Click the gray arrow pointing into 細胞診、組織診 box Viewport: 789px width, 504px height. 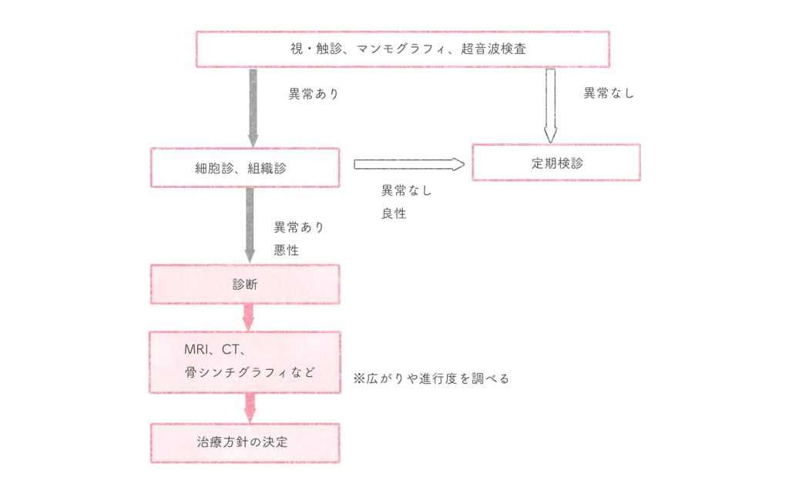coord(252,108)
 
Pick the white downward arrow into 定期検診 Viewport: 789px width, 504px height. coord(549,106)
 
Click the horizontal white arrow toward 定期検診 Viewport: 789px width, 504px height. coord(409,164)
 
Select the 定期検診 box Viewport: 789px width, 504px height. coord(556,163)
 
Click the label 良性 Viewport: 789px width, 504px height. coord(394,213)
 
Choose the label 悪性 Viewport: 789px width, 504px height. coord(287,250)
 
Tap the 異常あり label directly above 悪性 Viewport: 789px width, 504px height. coord(300,227)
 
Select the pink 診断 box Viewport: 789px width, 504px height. coord(244,284)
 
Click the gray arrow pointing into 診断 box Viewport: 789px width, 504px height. coord(249,223)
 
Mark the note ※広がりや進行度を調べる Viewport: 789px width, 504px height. coord(431,378)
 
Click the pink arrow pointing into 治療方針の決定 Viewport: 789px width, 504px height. coord(249,408)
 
